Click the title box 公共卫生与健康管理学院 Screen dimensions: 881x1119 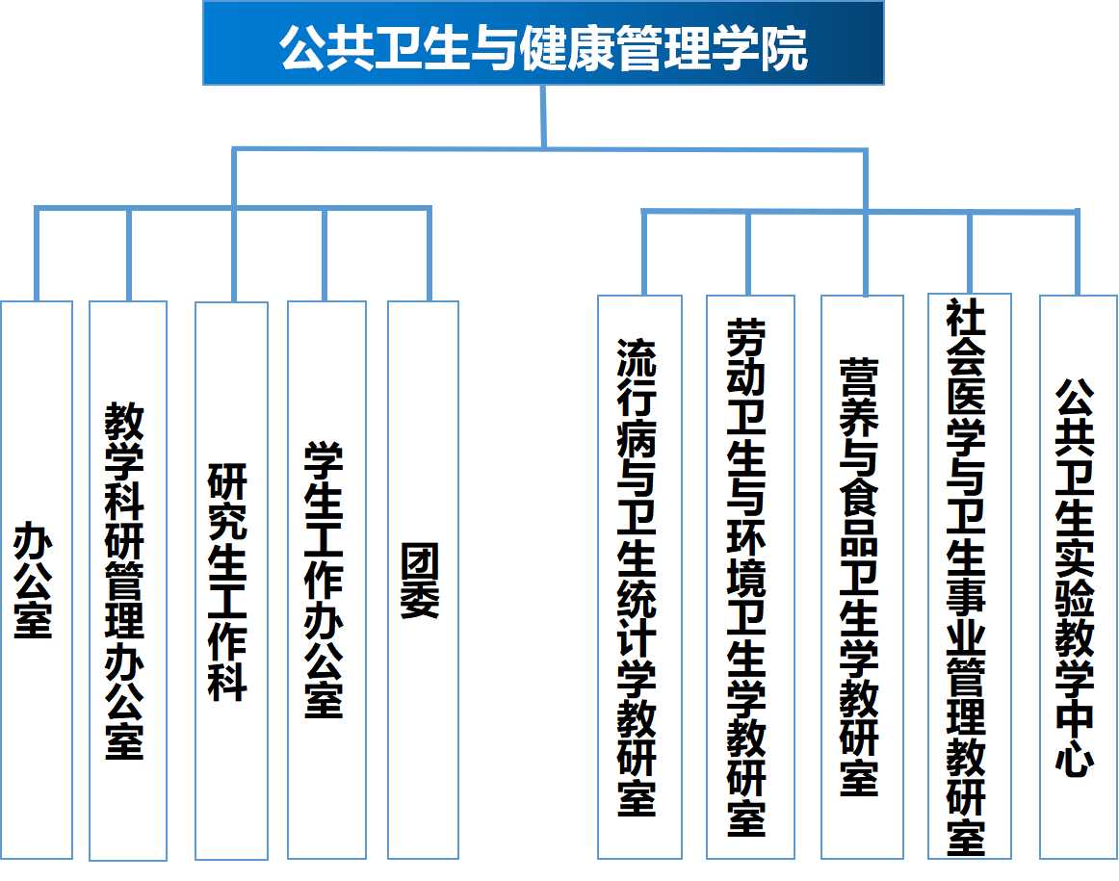(543, 43)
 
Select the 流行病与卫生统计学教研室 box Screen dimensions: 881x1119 (639, 577)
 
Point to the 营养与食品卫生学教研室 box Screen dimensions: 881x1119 (862, 577)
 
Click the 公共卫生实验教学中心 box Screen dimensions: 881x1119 (1078, 577)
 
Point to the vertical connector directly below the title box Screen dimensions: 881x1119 (544, 116)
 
